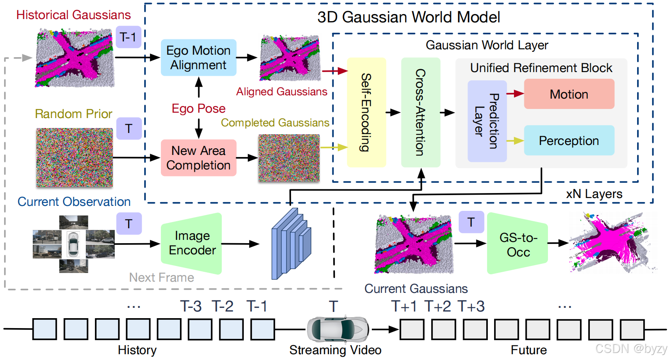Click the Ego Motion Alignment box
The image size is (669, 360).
click(199, 58)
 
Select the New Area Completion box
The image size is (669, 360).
click(199, 158)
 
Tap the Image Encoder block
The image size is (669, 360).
click(192, 243)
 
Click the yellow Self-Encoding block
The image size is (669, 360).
click(366, 112)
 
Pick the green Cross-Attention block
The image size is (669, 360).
click(420, 112)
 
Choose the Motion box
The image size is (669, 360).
click(569, 94)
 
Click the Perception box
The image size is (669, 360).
click(569, 141)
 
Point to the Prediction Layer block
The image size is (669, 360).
click(487, 121)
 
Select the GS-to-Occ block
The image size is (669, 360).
click(518, 244)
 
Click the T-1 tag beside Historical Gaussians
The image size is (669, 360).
click(128, 37)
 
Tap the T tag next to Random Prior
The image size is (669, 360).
click(128, 128)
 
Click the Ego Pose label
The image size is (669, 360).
click(199, 109)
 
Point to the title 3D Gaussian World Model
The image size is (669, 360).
click(409, 17)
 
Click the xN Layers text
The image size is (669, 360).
click(594, 194)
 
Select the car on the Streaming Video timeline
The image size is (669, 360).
click(337, 329)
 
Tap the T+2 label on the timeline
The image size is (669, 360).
click(438, 307)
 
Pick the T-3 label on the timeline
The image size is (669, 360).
click(191, 307)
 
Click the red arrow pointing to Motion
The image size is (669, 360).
click(515, 94)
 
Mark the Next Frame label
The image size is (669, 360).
click(161, 278)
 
